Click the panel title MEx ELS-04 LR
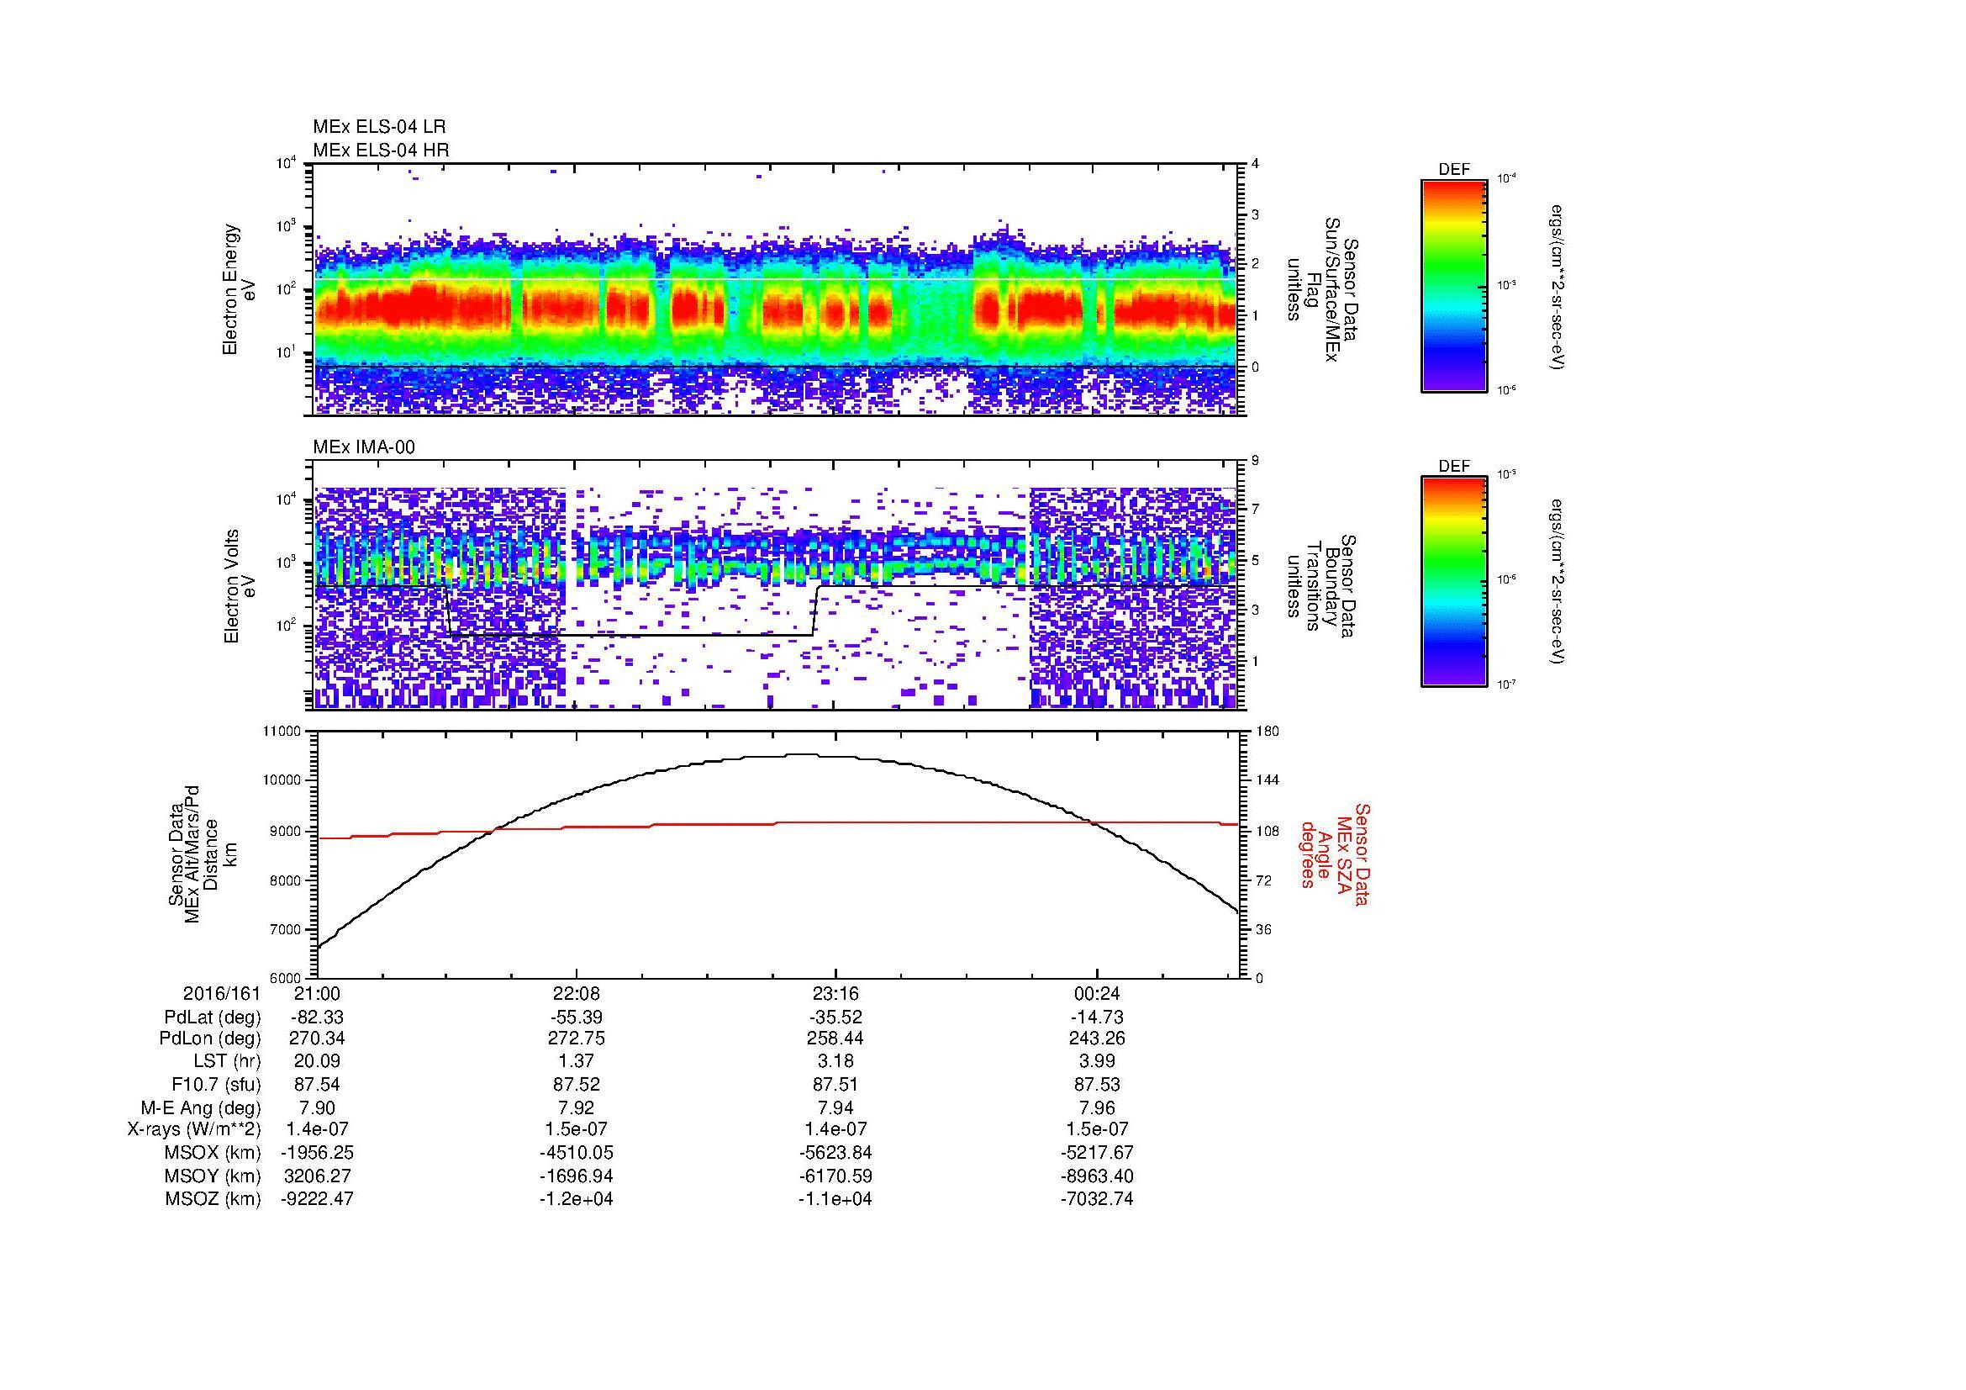[379, 127]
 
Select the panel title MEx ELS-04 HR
[381, 150]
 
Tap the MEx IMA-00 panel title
[364, 447]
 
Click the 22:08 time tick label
[577, 994]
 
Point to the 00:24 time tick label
[1097, 994]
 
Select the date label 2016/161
[221, 994]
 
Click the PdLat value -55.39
[577, 1017]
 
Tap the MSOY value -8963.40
[1097, 1176]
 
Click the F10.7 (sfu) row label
[213, 1085]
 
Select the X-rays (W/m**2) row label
[193, 1130]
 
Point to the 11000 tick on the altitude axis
[282, 732]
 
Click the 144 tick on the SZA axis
[1267, 780]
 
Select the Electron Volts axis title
[230, 587]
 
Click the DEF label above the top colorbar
[1454, 170]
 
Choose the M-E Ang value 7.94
[835, 1108]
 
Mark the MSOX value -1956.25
[317, 1154]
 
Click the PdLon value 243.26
[1097, 1039]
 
